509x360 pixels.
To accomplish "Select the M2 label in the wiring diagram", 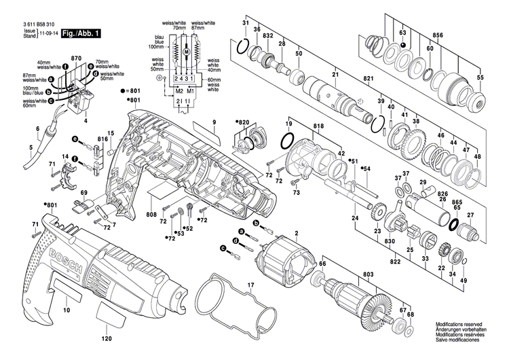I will (x=179, y=90).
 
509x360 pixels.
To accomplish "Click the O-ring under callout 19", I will (x=288, y=143).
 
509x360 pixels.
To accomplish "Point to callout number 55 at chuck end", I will (x=480, y=79).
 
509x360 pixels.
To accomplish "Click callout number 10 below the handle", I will (x=67, y=310).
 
